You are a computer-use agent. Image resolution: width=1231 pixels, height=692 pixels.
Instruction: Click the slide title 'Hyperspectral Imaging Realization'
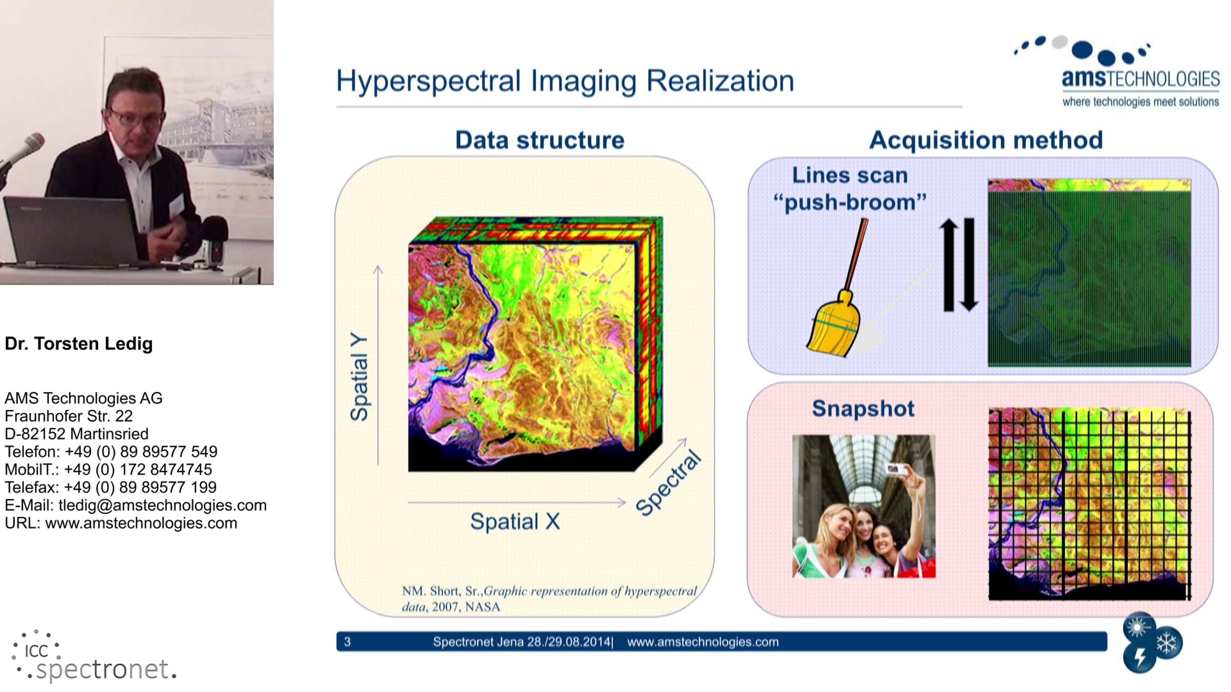(x=565, y=81)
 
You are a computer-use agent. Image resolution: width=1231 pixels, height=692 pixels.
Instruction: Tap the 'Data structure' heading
(x=540, y=140)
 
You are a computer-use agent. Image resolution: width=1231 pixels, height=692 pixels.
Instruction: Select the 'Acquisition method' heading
(x=986, y=140)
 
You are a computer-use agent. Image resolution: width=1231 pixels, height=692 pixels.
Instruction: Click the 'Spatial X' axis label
(x=515, y=521)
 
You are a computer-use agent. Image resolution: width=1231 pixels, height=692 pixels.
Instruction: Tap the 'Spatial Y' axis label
(x=359, y=377)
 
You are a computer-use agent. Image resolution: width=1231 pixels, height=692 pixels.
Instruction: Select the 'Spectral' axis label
(x=668, y=483)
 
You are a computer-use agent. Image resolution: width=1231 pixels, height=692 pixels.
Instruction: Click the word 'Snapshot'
(x=863, y=409)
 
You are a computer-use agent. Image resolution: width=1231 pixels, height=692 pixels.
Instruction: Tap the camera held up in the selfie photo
(x=896, y=469)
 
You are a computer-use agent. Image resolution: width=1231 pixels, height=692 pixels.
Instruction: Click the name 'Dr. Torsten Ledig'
(x=78, y=343)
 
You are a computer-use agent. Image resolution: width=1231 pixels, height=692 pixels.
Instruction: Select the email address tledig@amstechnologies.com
(x=163, y=505)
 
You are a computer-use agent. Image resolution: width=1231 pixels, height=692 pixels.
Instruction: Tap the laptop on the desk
(x=72, y=231)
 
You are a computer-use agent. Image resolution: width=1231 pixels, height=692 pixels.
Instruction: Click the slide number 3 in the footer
(x=347, y=642)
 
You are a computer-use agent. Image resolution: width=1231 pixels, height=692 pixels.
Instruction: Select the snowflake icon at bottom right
(x=1167, y=643)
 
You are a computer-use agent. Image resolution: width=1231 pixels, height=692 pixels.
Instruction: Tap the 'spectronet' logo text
(x=103, y=669)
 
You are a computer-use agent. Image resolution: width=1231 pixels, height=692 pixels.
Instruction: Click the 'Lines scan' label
(x=850, y=175)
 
